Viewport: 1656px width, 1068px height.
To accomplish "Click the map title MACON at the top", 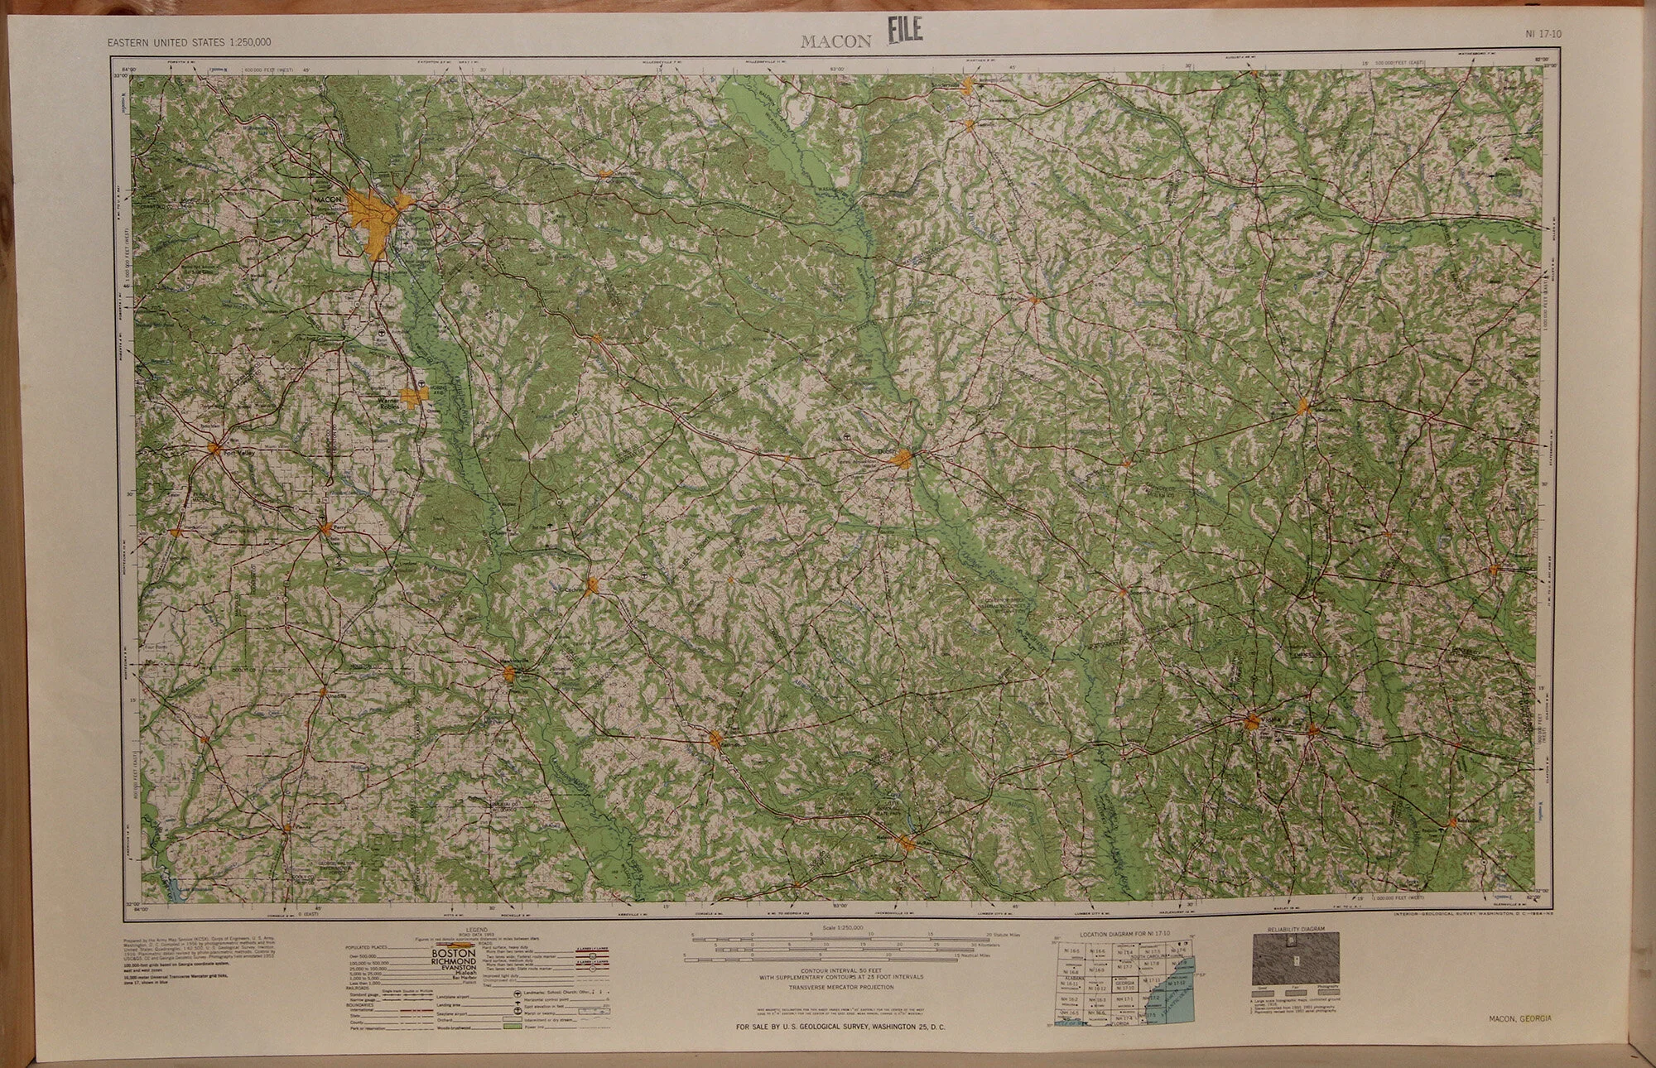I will click(835, 41).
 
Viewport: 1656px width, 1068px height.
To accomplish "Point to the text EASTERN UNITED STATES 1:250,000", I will click(190, 42).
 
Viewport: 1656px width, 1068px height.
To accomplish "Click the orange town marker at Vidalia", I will click(1254, 721).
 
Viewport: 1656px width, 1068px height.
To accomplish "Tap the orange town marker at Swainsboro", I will click(1302, 407).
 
